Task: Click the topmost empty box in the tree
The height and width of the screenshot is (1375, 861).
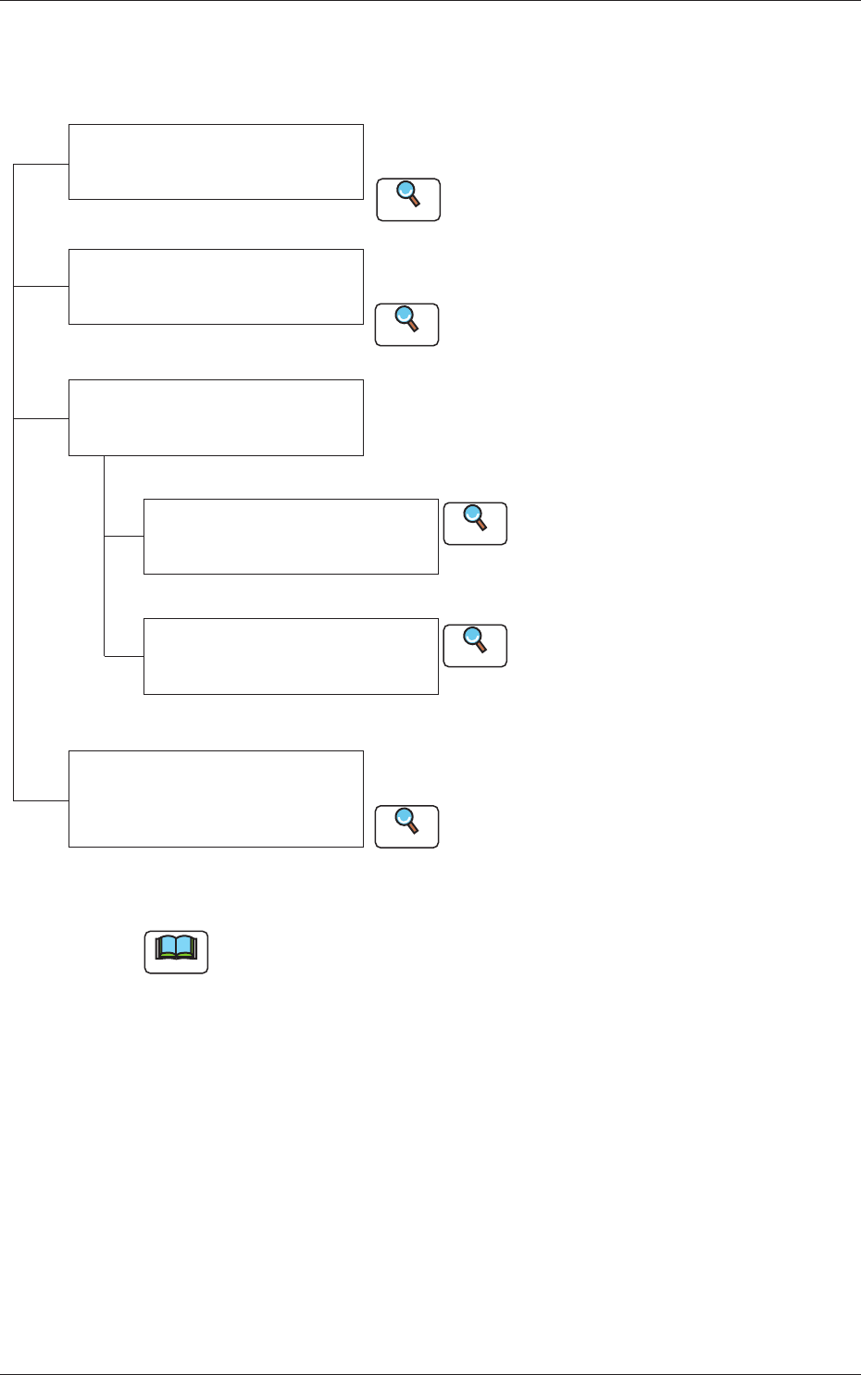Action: click(216, 161)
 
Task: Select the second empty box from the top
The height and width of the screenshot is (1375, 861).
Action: click(216, 286)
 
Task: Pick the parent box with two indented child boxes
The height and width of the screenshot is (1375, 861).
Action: click(216, 417)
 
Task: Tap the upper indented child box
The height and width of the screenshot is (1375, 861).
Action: click(291, 537)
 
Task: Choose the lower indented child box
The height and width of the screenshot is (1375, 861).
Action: click(291, 656)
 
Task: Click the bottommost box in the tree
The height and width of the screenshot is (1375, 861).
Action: click(216, 799)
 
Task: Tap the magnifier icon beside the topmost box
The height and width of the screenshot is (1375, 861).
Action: click(408, 199)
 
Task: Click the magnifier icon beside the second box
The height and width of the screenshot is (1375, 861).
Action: click(406, 324)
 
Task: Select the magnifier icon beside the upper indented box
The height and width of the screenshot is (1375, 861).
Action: click(475, 523)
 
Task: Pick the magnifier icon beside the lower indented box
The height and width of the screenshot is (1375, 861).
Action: click(475, 645)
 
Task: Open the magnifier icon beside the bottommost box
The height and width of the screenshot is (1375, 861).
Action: click(406, 826)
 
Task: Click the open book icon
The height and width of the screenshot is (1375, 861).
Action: click(176, 951)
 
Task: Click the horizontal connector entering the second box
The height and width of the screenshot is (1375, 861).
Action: click(42, 287)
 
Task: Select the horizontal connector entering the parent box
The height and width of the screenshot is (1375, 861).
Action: click(42, 418)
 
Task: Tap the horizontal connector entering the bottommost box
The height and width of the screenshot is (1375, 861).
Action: click(42, 799)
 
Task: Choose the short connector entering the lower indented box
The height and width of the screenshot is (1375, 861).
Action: click(124, 656)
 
